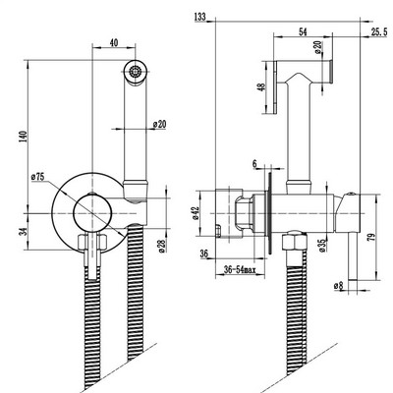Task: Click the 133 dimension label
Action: pos(200,17)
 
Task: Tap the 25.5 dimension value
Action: pos(379,31)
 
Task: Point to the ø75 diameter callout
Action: pos(37,177)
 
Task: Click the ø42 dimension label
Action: pos(196,213)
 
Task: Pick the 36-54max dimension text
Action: pos(240,269)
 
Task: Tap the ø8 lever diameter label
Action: pos(338,286)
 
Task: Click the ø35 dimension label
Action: pos(322,246)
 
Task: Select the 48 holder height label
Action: pos(261,87)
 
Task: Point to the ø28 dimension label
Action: pos(162,246)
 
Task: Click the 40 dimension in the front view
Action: pos(114,42)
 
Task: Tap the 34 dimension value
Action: pos(23,232)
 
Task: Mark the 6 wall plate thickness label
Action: pos(254,164)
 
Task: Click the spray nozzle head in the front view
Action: pos(136,72)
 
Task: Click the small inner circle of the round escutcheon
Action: pos(93,213)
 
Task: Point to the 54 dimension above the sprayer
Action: pos(304,31)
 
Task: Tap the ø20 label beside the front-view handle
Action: pos(159,125)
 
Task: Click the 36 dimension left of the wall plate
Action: pos(204,253)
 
